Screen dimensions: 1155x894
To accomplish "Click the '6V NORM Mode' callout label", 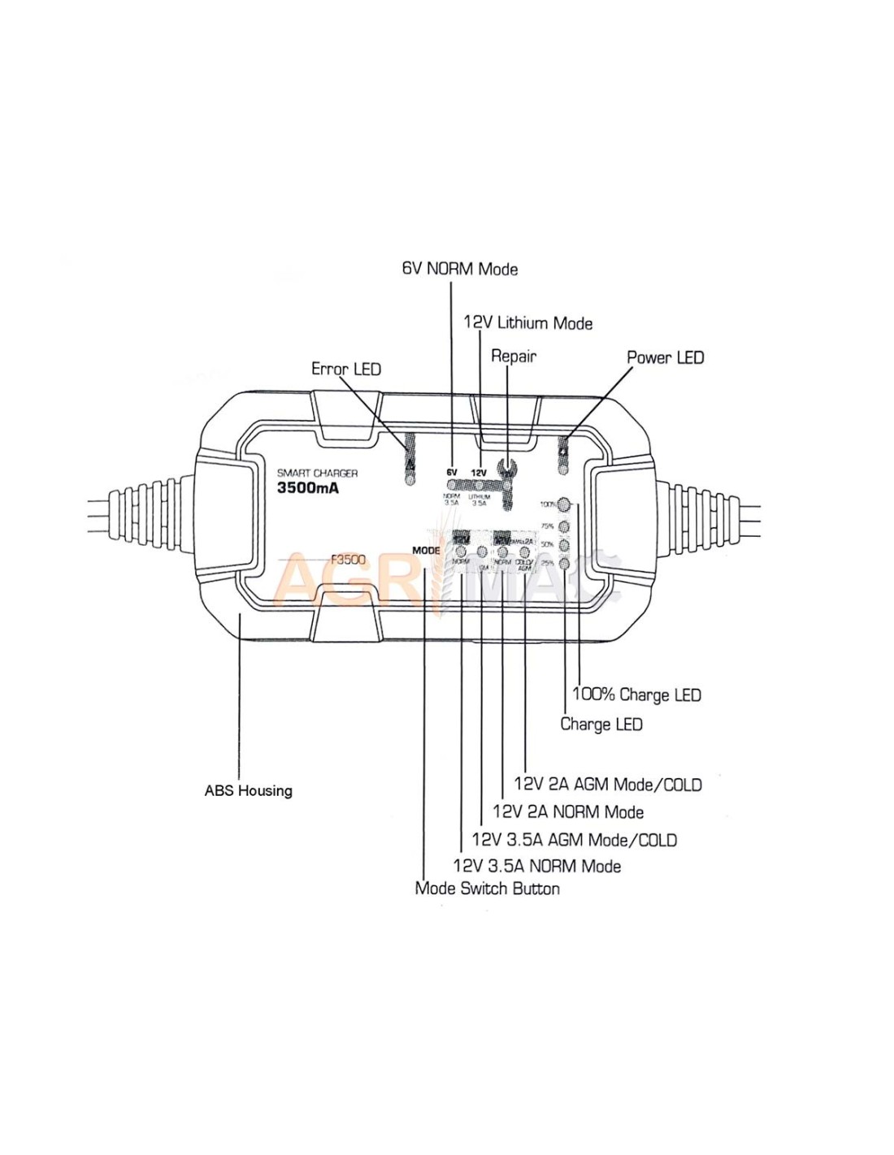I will pos(460,269).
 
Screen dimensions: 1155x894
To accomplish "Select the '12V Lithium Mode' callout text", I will pos(527,323).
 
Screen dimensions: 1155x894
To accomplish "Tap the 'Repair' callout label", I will pos(514,356).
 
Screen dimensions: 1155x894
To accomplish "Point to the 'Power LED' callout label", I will pos(665,357).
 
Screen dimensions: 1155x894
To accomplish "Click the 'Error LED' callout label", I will pos(346,369).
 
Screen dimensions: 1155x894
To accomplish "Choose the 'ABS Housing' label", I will pos(248,790).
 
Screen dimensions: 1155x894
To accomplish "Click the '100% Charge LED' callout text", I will pos(636,694).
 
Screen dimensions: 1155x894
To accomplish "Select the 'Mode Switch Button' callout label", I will pos(487,889).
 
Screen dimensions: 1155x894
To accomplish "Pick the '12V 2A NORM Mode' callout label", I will pos(568,812).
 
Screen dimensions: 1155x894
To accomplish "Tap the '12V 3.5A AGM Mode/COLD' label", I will pos(574,840).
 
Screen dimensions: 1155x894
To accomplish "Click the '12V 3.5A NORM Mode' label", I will pos(536,867).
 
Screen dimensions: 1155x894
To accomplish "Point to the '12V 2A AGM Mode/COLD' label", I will pos(608,785).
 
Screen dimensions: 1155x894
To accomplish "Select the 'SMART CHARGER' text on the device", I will pos(317,473).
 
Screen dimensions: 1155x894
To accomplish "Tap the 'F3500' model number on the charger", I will pos(349,559).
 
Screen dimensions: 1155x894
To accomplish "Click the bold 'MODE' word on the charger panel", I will pos(426,551).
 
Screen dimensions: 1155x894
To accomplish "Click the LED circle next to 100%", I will pos(564,504).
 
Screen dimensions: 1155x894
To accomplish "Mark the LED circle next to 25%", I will pos(564,562).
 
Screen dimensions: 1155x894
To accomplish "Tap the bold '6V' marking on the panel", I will pos(452,472).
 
